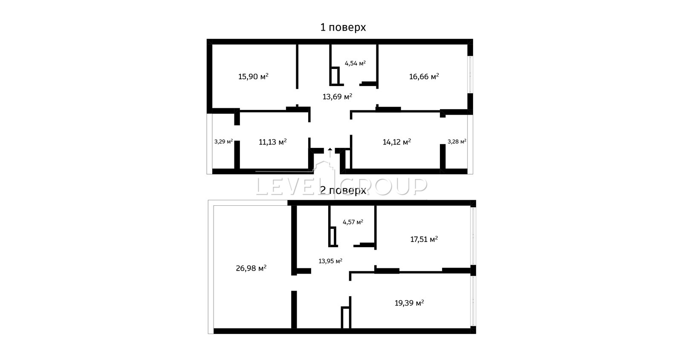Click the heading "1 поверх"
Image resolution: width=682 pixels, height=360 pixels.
click(343, 27)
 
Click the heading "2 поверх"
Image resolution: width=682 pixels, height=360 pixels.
click(343, 190)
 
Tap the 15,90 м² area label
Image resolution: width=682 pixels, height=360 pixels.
click(253, 76)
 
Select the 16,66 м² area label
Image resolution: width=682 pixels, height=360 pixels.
click(424, 76)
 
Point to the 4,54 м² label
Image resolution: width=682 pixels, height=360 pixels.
click(355, 63)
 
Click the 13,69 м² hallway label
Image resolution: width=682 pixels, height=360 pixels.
click(337, 97)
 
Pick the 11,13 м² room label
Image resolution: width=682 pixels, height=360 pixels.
click(272, 142)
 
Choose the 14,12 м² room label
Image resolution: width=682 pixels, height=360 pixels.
click(397, 142)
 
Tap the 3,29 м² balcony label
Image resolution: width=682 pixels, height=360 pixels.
click(223, 141)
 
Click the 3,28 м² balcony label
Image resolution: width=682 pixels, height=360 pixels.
click(457, 141)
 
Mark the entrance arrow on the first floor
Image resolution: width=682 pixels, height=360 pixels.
click(330, 153)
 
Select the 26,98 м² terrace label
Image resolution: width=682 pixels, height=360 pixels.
click(251, 268)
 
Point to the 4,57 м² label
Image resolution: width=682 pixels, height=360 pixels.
click(353, 222)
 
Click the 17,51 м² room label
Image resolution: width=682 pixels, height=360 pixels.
click(424, 239)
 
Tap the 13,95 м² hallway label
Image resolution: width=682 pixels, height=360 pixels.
click(330, 261)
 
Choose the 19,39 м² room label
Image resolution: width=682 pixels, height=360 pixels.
click(409, 303)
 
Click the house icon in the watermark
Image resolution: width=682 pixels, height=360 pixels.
click(324, 170)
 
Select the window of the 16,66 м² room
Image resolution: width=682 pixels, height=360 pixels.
click(470, 75)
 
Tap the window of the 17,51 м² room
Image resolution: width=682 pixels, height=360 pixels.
click(474, 236)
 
